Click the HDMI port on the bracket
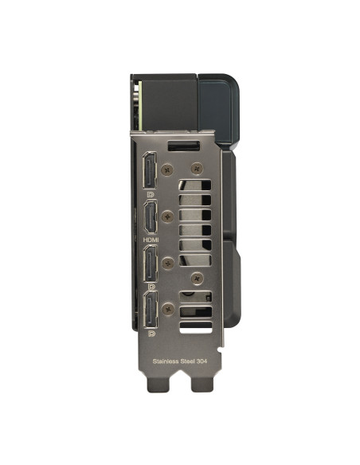[151, 217]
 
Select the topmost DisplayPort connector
[150, 170]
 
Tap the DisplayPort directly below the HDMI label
[151, 264]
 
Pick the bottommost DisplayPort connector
[151, 310]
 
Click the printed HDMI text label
[151, 240]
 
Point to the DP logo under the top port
[151, 194]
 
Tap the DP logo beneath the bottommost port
[151, 334]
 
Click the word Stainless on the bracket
[166, 361]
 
